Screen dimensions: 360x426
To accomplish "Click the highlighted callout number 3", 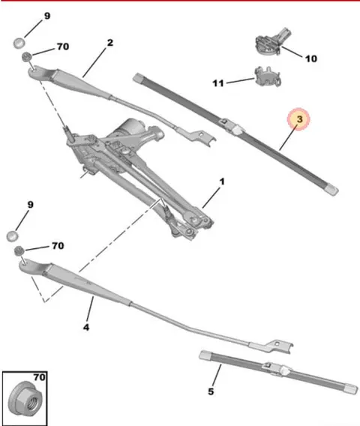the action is click(x=299, y=119).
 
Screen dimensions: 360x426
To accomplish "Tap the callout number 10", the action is click(x=311, y=58).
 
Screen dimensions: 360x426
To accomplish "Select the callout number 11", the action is click(x=218, y=83).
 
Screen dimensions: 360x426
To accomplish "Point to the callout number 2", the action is click(x=109, y=43).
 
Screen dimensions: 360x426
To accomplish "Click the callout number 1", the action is click(x=222, y=181).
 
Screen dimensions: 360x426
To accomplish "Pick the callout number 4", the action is click(x=86, y=328).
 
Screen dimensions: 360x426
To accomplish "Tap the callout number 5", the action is click(x=211, y=391).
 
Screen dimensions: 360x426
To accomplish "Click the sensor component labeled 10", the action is click(x=272, y=41).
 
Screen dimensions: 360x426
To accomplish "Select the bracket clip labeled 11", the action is click(x=268, y=76).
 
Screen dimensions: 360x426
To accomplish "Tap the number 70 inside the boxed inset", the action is click(x=40, y=377).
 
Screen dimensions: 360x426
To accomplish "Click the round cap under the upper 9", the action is click(x=19, y=43).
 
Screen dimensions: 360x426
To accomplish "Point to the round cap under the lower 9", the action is click(x=12, y=235).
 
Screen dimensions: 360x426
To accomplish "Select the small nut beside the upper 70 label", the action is click(x=27, y=57).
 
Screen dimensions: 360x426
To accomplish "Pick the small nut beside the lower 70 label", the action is click(x=19, y=250).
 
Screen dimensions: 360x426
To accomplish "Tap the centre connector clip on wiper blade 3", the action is click(x=232, y=126).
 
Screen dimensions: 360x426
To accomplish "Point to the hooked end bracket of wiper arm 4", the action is click(x=278, y=346).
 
